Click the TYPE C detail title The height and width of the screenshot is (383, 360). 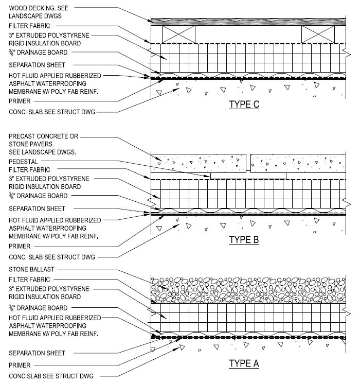click(x=244, y=105)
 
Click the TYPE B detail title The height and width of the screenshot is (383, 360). click(x=244, y=239)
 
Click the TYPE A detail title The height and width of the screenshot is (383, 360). click(x=244, y=363)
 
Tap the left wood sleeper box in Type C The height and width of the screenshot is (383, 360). click(x=178, y=34)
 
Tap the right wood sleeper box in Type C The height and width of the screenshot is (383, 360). click(x=318, y=34)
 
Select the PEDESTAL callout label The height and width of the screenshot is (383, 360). click(x=24, y=162)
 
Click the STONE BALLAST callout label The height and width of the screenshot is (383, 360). click(x=31, y=269)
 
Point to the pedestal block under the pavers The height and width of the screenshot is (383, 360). click(x=248, y=176)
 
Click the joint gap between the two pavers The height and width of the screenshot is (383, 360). click(x=248, y=163)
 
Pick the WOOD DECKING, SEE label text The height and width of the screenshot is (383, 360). click(x=39, y=8)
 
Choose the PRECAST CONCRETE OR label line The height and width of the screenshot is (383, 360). click(x=43, y=136)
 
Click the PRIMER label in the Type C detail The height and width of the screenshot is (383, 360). click(x=20, y=101)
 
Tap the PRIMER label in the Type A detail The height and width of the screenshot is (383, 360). click(x=20, y=365)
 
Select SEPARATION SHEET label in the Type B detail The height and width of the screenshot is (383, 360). click(x=37, y=208)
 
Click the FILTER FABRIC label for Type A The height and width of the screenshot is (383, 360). click(x=29, y=280)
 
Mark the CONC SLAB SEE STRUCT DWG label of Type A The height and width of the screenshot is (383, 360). click(x=51, y=376)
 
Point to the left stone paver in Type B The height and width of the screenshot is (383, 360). click(x=199, y=163)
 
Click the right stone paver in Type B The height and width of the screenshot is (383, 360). click(x=298, y=163)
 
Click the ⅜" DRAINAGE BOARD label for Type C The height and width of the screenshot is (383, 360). click(x=38, y=53)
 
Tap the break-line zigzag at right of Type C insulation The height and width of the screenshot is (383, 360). click(x=347, y=54)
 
